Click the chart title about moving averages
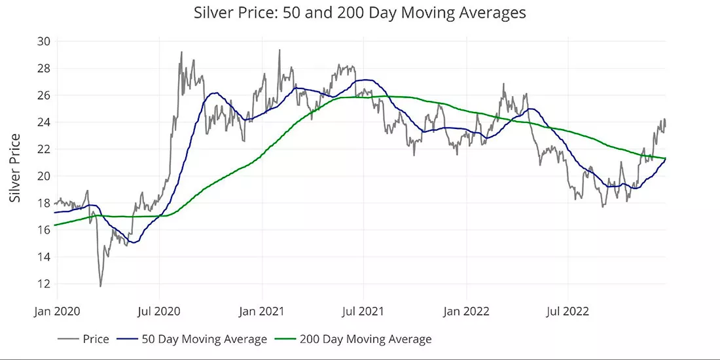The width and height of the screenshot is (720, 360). click(359, 13)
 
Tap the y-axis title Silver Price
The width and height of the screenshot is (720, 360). click(16, 168)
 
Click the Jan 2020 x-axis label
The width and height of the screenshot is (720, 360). click(57, 312)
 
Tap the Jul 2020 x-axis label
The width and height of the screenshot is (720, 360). click(159, 312)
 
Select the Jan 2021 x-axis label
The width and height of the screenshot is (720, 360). click(262, 312)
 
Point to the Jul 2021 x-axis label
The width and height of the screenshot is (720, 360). click(364, 312)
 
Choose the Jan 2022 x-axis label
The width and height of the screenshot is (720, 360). click(467, 312)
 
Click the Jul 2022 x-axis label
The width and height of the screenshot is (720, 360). click(568, 312)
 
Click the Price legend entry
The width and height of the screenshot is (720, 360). click(84, 339)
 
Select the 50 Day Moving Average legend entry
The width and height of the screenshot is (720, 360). click(192, 339)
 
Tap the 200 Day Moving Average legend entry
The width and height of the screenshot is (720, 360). click(353, 339)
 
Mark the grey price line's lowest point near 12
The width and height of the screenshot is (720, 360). click(100, 287)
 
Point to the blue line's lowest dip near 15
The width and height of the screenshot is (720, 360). click(133, 242)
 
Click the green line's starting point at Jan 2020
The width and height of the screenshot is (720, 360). click(54, 225)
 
